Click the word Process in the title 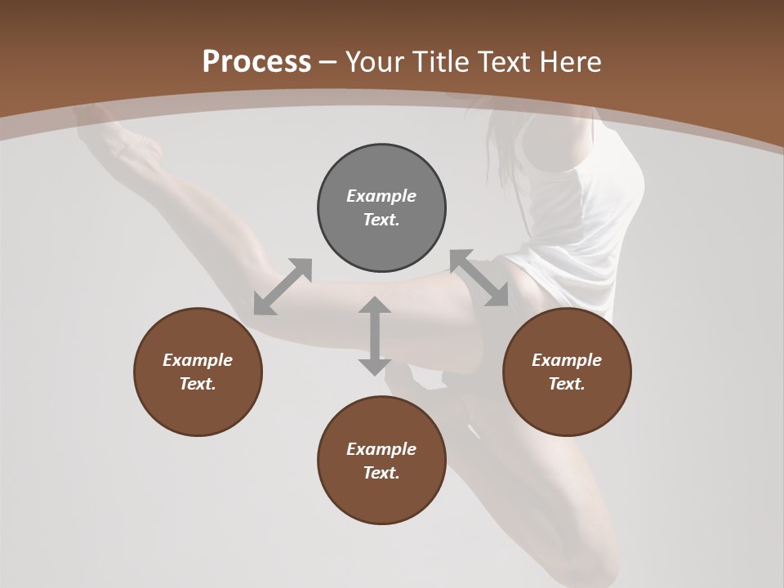256,62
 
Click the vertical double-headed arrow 375,336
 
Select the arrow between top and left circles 283,287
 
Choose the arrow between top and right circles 479,278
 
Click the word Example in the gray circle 381,196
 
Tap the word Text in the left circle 198,384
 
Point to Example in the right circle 567,360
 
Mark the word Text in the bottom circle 381,473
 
